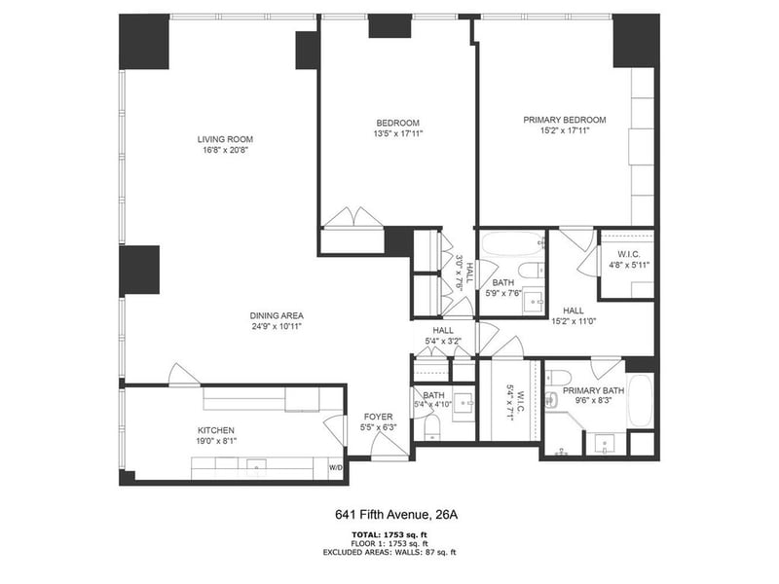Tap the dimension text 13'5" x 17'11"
coord(398,133)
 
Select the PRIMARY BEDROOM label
coord(564,120)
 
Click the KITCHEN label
coord(215,430)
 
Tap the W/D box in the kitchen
coord(336,468)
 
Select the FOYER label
coord(377,416)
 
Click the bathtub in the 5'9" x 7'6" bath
coord(511,243)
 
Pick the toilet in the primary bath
coord(552,399)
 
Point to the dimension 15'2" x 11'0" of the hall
coord(573,321)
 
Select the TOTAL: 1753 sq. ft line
coord(389,534)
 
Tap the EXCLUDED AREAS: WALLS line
coord(389,552)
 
